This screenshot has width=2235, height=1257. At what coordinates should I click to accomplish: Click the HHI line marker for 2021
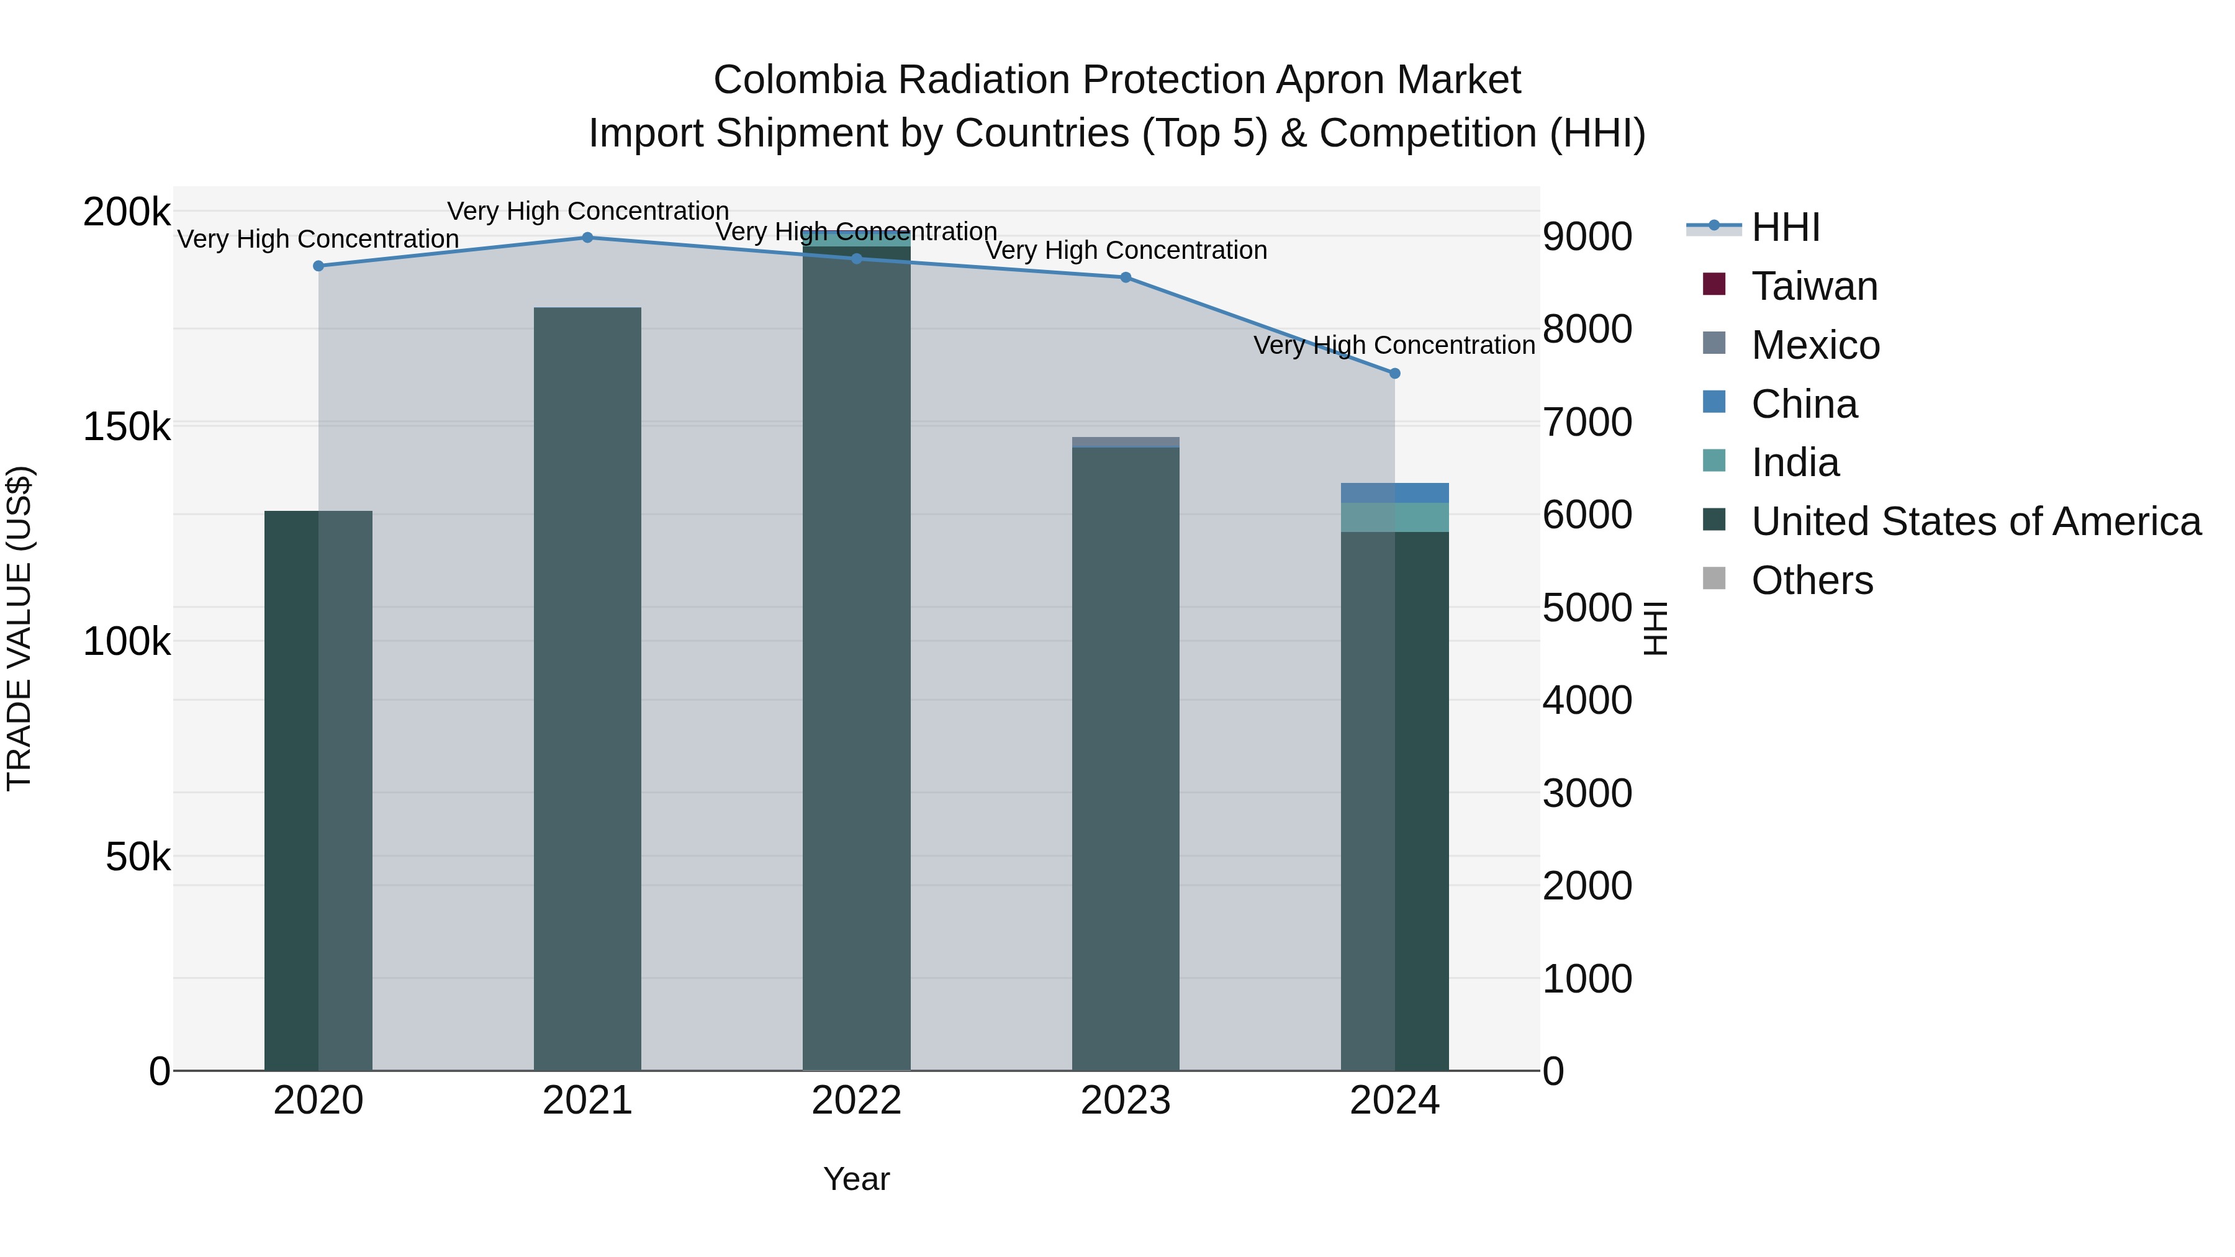coord(587,238)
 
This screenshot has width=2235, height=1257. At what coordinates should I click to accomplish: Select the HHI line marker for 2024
coord(1394,374)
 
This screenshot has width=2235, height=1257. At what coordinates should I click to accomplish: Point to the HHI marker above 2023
coord(1126,277)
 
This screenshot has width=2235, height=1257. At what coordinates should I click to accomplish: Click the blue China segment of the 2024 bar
coord(1394,493)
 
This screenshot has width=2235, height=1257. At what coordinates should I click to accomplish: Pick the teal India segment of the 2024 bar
coord(1394,517)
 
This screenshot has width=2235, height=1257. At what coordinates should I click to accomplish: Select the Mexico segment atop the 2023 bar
coord(1126,443)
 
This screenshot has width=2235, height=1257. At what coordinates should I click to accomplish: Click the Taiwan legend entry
coord(1813,286)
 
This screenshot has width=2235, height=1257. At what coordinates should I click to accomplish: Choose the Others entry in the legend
coord(1812,580)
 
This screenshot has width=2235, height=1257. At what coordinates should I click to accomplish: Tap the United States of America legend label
coord(1975,521)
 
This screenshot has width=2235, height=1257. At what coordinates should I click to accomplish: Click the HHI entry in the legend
coord(1785,227)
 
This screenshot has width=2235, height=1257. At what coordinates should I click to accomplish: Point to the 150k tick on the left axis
coord(127,427)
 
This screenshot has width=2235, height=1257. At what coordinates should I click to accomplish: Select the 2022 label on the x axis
coord(856,1101)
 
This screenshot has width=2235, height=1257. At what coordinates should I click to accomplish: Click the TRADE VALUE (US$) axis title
coord(19,628)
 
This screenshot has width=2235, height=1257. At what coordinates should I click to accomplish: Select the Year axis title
coord(856,1179)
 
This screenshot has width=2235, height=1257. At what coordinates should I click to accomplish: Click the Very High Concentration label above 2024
coord(1394,345)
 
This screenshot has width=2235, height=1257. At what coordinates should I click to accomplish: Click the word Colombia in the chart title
coord(799,80)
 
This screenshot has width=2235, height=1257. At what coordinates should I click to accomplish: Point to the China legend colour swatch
coord(1713,402)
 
